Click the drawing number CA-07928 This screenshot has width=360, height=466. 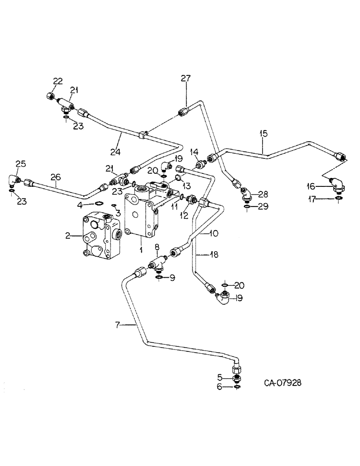tap(283, 383)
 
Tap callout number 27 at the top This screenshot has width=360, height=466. tap(186, 79)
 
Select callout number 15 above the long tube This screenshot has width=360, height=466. tap(263, 134)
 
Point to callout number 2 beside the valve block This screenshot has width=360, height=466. tap(69, 236)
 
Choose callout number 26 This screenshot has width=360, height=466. tap(55, 177)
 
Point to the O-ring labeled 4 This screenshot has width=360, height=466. tap(99, 203)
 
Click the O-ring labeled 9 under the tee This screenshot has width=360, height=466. tap(159, 278)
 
